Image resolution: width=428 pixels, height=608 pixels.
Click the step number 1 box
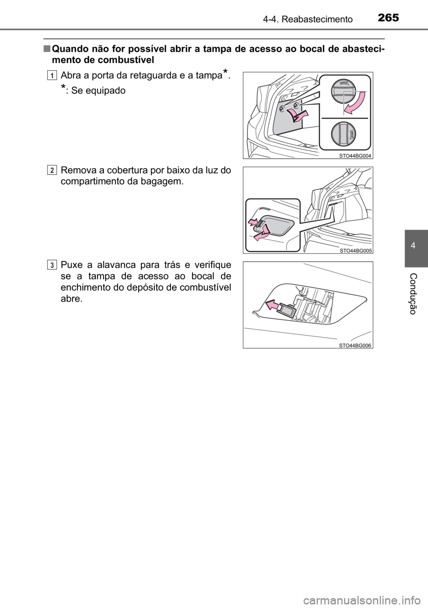click(53, 76)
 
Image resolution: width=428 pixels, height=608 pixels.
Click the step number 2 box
click(53, 171)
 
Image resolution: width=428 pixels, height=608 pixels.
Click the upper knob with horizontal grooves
click(342, 92)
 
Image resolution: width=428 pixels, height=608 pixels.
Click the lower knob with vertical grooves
click(342, 133)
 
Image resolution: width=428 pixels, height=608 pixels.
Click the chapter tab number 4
click(416, 246)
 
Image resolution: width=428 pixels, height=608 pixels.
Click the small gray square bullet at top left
click(46, 48)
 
